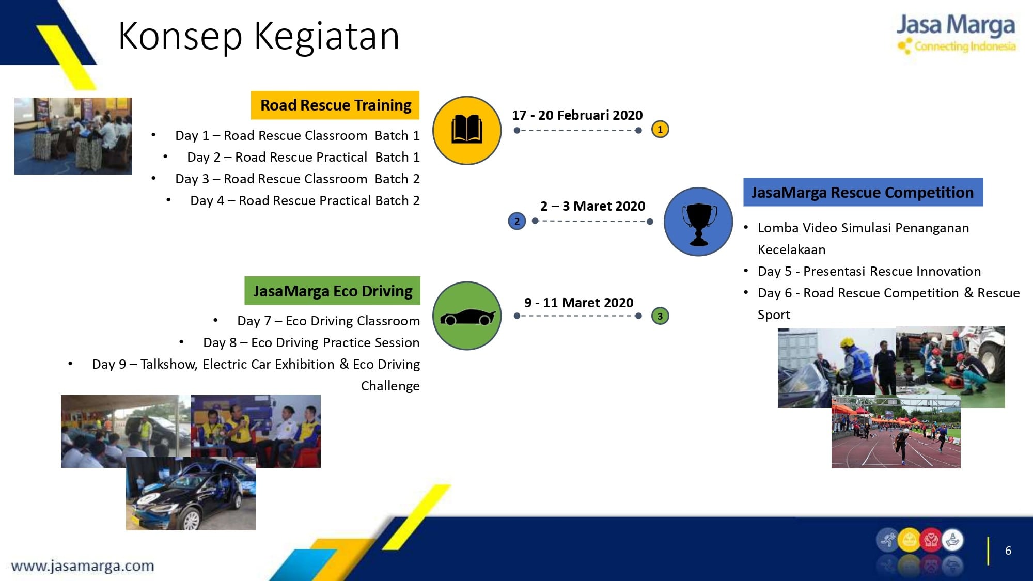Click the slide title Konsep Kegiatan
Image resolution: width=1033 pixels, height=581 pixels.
(259, 36)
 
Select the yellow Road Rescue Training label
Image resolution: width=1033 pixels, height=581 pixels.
(335, 105)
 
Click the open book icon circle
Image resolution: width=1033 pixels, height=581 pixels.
(467, 130)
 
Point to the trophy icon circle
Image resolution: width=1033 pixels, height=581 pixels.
(698, 222)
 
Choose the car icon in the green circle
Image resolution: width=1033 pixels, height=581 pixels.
(467, 317)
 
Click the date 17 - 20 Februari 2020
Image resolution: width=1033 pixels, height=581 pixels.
(577, 115)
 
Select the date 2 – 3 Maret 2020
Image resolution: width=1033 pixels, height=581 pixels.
(592, 206)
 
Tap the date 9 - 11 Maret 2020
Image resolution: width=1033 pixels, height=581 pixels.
(578, 303)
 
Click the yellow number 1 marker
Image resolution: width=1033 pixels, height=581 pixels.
(660, 129)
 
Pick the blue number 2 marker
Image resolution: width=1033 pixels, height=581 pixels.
(517, 221)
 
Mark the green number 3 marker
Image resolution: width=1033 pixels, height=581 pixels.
(660, 316)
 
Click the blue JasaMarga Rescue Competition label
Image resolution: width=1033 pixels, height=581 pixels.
(863, 192)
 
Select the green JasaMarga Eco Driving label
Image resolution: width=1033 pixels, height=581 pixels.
(332, 291)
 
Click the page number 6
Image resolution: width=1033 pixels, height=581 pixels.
(1008, 551)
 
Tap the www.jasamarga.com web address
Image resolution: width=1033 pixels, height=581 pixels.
(83, 566)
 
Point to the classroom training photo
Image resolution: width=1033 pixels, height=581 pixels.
(73, 136)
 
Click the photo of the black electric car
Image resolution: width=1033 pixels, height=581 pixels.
(191, 494)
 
